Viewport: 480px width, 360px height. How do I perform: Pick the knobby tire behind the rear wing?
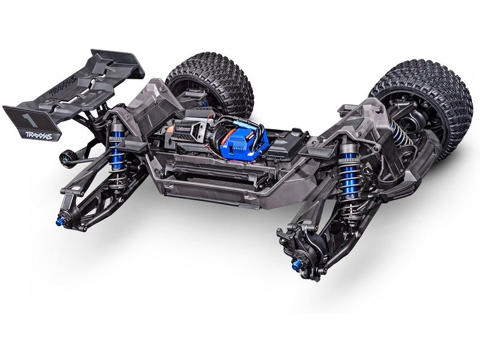click(210, 84)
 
